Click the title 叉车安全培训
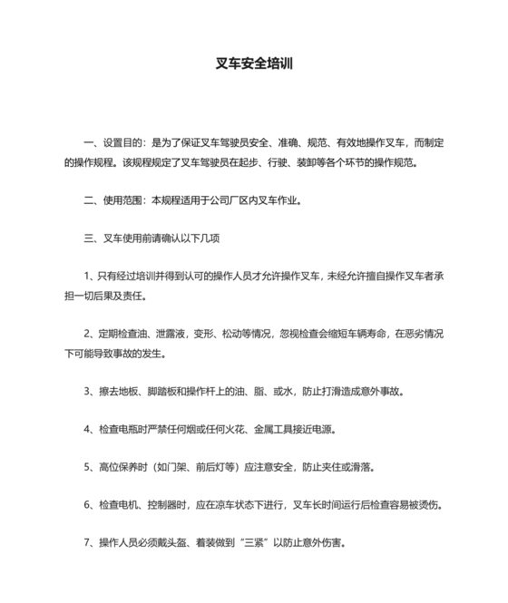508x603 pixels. (253, 64)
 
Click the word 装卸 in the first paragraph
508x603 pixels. (295, 162)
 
